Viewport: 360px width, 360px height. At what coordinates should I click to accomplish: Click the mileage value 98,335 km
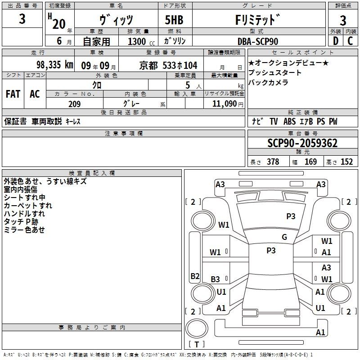[55, 65]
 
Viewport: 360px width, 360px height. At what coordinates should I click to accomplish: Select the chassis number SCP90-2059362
[302, 143]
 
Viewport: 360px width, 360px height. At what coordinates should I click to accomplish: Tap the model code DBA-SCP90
[258, 41]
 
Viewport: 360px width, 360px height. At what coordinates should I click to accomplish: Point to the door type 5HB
[174, 20]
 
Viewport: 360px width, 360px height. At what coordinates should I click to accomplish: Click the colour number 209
[74, 104]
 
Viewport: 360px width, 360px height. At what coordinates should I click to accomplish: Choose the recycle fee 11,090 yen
[228, 104]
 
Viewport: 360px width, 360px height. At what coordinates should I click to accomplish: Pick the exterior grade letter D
[336, 41]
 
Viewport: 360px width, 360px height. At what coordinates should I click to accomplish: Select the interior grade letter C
[350, 41]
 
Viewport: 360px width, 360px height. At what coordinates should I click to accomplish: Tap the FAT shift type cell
[13, 94]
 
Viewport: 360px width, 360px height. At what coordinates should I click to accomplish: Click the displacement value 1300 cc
[141, 41]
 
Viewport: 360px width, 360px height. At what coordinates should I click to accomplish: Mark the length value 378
[273, 162]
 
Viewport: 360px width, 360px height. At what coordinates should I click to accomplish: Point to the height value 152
[346, 162]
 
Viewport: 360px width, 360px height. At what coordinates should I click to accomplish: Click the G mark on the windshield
[284, 237]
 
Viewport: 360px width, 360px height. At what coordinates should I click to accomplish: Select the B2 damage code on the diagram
[195, 276]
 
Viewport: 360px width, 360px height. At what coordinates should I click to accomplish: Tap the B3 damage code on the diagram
[215, 279]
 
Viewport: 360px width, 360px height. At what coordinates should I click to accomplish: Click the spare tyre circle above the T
[197, 328]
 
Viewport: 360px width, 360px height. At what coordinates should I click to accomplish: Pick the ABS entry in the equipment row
[289, 121]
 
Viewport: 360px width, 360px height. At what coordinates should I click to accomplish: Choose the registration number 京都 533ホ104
[168, 66]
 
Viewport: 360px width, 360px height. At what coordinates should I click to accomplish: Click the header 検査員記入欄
[92, 173]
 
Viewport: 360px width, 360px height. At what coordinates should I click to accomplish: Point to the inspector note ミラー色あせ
[24, 230]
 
